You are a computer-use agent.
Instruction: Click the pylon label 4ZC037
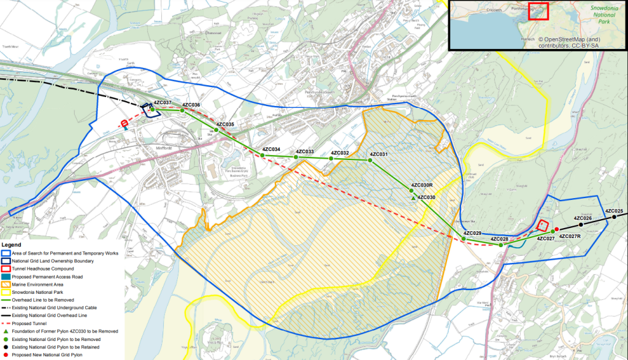[x=163, y=102]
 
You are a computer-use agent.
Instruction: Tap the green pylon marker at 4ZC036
[x=183, y=111]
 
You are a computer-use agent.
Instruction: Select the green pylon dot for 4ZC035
[x=216, y=130]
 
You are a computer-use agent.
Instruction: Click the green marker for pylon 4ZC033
[x=296, y=158]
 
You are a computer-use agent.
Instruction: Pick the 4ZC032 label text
[x=340, y=153]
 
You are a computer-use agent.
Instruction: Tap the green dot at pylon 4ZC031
[x=370, y=160]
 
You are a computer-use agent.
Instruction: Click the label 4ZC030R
[x=422, y=185]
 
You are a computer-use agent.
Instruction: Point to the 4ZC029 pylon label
[x=472, y=233]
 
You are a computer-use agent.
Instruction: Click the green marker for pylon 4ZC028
[x=501, y=245]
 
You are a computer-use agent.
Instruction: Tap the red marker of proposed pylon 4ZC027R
[x=556, y=230]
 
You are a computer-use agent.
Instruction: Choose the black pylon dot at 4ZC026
[x=581, y=224]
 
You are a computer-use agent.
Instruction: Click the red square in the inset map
[x=538, y=12]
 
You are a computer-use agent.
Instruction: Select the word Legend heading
[x=12, y=245]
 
